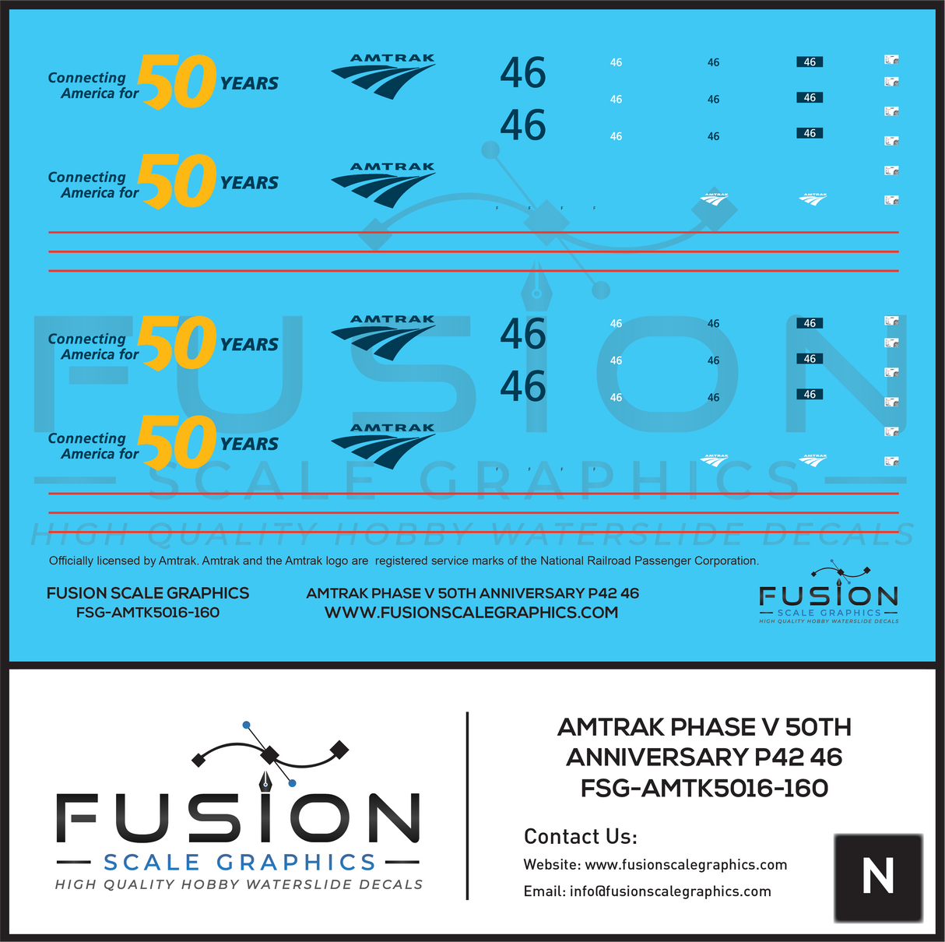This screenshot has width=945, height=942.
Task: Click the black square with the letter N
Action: click(877, 877)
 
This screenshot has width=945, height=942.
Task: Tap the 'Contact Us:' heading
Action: click(580, 837)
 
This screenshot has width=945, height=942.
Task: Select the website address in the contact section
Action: click(685, 865)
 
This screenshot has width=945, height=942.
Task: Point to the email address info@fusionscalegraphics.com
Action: click(670, 891)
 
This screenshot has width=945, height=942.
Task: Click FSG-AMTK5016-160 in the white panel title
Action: click(704, 789)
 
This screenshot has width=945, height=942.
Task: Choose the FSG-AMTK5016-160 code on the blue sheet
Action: click(148, 613)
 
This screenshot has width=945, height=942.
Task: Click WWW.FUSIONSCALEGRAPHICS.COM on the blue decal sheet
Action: click(471, 613)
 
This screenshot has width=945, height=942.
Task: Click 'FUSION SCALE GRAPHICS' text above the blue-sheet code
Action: click(148, 593)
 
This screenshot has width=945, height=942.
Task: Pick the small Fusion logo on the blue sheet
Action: click(828, 595)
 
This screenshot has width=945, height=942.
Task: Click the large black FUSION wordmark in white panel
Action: click(238, 819)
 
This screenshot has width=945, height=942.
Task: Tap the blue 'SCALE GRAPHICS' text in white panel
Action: click(240, 863)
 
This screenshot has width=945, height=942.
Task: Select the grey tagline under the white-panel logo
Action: click(239, 884)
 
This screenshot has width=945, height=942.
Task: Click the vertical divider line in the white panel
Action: click(467, 806)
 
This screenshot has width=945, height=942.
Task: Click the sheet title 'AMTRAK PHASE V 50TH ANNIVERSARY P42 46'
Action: click(472, 593)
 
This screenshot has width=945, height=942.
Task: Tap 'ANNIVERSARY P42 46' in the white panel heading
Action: click(704, 757)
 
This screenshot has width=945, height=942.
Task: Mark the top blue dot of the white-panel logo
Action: click(247, 725)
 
